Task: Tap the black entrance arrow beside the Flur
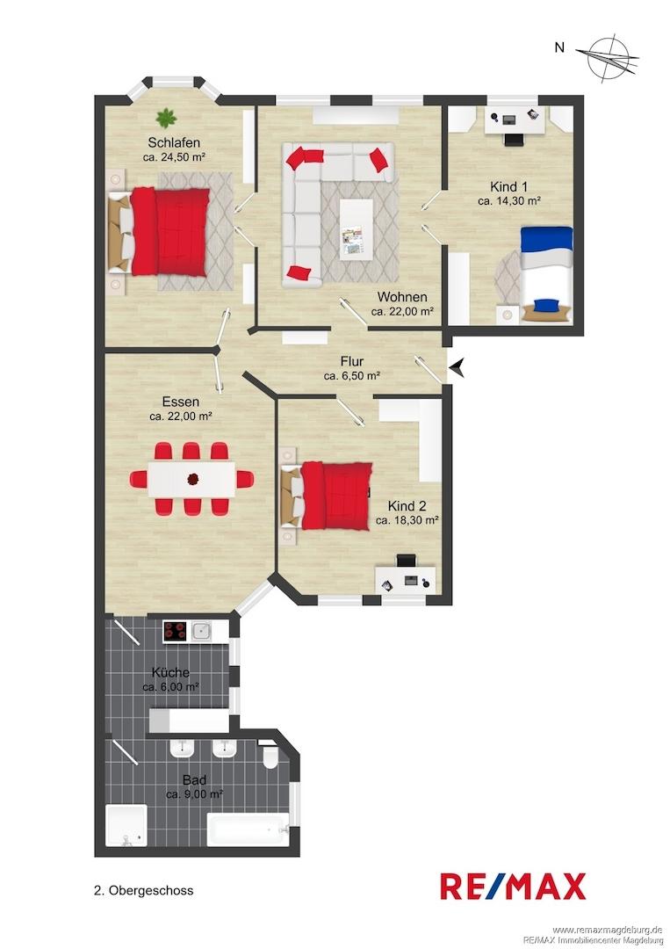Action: tap(457, 367)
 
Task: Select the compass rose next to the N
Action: tap(607, 60)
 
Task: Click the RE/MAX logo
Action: tap(513, 887)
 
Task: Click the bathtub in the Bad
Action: tap(248, 829)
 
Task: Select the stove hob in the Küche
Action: tap(176, 631)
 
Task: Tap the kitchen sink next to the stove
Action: tap(201, 631)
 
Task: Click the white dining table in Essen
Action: tap(192, 479)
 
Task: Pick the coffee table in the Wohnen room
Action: tap(356, 230)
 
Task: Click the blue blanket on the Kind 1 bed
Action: tap(547, 238)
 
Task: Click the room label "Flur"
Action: tap(351, 362)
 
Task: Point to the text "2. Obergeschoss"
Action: tap(144, 890)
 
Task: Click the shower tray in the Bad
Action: tap(126, 825)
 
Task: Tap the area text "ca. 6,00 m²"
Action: tap(171, 687)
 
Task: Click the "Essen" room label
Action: tap(181, 402)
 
